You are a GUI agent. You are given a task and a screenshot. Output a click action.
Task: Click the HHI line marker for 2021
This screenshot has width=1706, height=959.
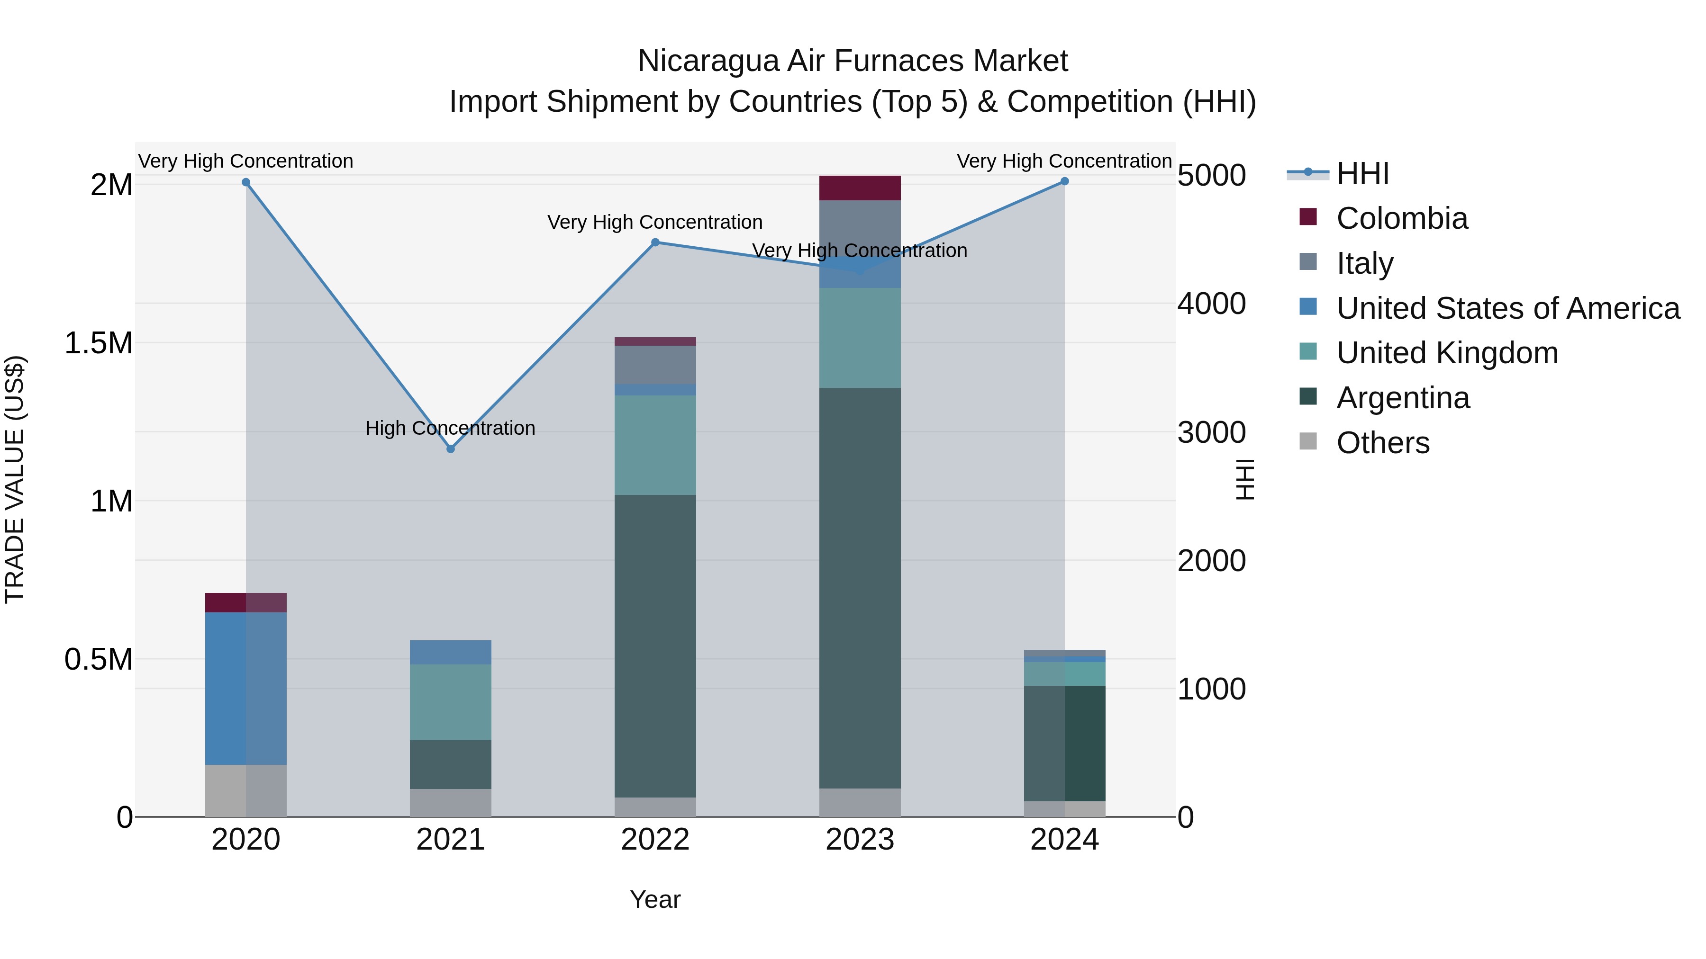(x=450, y=449)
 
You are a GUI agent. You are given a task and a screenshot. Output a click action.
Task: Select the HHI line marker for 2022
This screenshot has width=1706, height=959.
(x=655, y=242)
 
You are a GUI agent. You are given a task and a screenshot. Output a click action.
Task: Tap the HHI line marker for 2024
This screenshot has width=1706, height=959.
(x=1064, y=181)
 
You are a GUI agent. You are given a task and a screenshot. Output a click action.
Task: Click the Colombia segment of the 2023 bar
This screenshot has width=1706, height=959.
(x=860, y=188)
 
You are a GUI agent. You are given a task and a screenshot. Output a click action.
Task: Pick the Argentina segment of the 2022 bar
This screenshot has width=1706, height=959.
(x=655, y=645)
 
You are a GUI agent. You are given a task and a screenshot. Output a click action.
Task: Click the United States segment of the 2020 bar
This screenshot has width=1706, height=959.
(x=245, y=688)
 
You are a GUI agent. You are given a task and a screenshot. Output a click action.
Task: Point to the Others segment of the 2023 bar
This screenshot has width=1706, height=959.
(x=860, y=802)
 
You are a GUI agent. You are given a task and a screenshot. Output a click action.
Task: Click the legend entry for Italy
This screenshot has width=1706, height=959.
(x=1364, y=263)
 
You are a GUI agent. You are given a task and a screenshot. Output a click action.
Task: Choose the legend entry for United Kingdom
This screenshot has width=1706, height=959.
(x=1447, y=353)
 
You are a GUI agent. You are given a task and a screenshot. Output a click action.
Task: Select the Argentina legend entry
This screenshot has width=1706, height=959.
(x=1403, y=398)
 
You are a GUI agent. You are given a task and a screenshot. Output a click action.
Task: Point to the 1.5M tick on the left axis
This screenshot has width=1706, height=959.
(x=99, y=343)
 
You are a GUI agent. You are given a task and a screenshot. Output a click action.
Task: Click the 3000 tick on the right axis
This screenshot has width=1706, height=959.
(x=1211, y=432)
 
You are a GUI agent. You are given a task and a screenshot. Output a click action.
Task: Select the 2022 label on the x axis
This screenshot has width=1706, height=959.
(x=655, y=840)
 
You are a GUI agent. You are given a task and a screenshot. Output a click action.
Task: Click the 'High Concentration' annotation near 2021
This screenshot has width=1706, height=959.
(x=450, y=428)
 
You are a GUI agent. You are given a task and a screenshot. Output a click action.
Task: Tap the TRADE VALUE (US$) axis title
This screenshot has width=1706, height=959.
(x=15, y=479)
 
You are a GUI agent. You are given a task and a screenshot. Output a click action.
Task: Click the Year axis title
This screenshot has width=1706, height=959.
(x=655, y=899)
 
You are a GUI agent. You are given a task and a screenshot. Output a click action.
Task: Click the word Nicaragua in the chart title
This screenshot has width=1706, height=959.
(x=708, y=61)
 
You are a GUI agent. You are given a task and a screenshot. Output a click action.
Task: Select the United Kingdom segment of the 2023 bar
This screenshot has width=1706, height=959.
(x=860, y=338)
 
